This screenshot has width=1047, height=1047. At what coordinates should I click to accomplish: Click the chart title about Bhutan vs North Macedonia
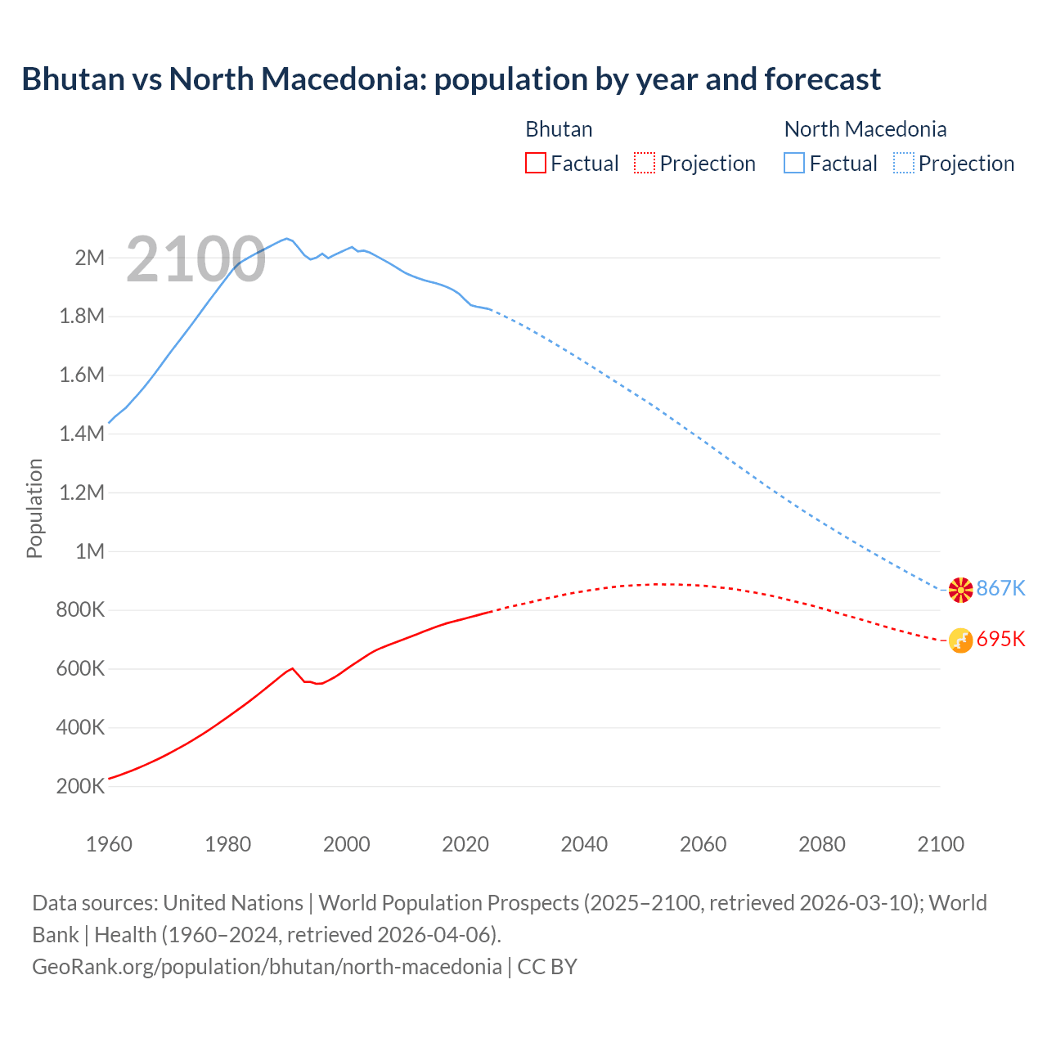451,79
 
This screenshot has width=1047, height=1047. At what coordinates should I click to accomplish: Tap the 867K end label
1000,588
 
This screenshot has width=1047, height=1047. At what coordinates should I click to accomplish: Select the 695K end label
1000,639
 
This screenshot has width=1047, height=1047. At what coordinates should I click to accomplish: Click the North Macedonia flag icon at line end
960,589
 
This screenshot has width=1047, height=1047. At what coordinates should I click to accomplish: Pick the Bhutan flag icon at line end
960,640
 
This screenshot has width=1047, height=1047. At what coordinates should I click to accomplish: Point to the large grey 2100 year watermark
195,259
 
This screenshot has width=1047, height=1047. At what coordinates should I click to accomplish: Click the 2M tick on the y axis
90,258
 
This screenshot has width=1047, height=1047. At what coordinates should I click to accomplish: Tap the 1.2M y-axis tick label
82,492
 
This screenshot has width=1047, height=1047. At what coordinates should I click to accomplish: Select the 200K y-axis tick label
81,786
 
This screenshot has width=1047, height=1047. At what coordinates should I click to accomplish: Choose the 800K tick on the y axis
81,610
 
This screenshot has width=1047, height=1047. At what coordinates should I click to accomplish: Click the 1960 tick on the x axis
109,844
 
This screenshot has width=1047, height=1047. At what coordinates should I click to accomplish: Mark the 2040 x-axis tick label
584,844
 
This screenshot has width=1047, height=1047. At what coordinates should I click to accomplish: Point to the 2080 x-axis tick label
821,844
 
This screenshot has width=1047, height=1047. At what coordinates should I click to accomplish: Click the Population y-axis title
34,508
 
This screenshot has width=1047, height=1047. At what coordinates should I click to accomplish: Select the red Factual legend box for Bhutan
536,164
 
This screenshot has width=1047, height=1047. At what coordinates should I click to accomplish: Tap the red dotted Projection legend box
645,164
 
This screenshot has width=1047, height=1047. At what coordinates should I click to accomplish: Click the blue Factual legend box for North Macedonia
794,164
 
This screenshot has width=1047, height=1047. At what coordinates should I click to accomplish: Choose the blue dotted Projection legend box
903,164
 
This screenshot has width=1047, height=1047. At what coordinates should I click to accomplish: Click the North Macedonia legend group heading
865,129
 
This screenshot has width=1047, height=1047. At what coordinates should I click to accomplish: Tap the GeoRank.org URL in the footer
267,967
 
